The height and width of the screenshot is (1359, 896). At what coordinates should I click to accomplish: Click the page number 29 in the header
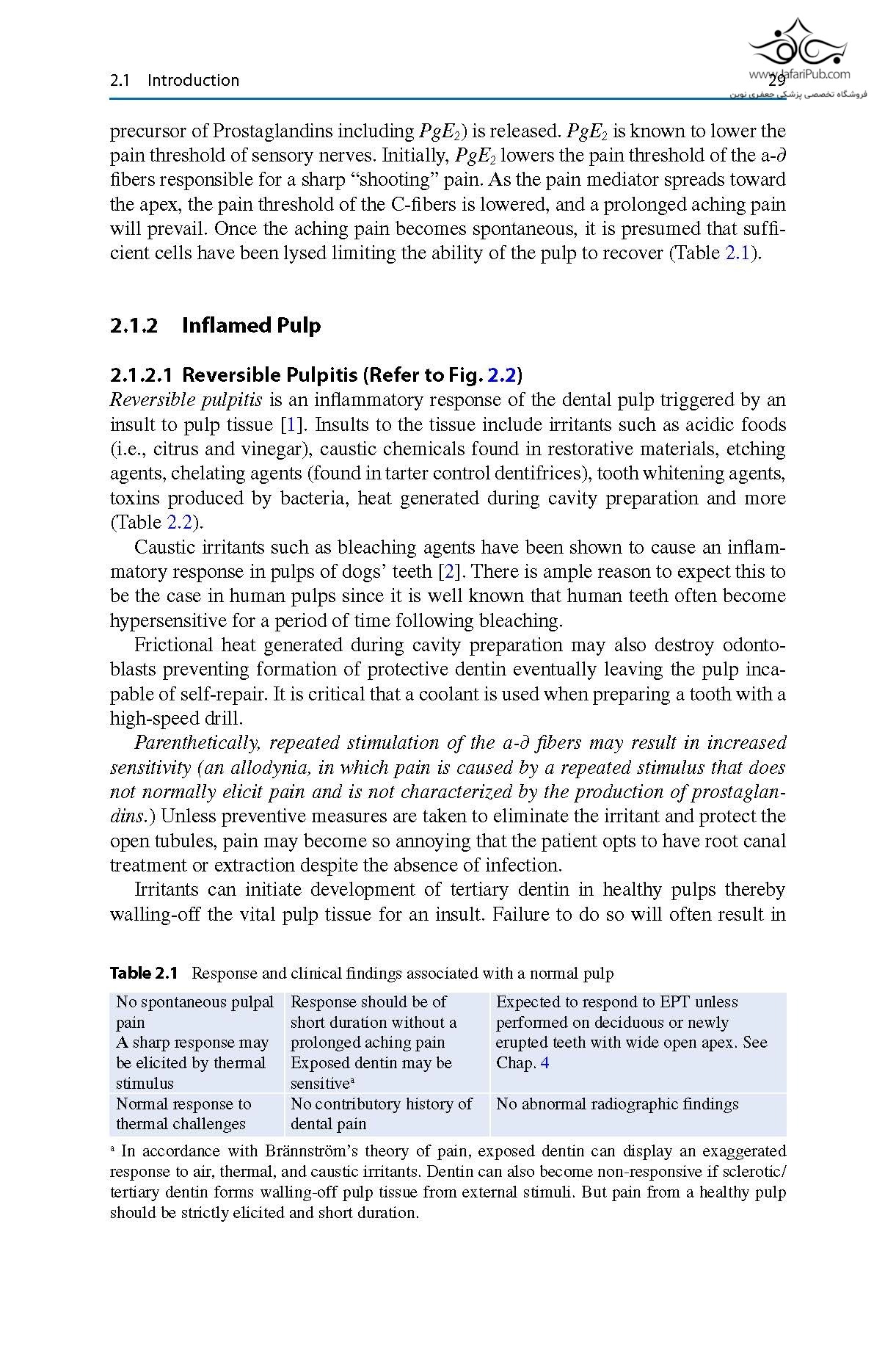pos(776,81)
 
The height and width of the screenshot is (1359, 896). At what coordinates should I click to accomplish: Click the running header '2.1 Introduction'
pos(174,81)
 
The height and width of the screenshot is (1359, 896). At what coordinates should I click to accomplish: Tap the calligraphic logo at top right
pos(798,43)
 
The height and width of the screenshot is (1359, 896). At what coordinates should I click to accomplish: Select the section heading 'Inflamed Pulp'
pos(251,325)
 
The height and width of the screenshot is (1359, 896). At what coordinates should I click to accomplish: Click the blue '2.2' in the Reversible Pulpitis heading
pos(502,375)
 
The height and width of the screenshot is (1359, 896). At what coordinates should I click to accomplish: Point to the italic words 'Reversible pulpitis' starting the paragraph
pos(186,400)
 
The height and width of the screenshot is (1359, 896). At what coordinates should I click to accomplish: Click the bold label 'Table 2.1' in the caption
pos(144,974)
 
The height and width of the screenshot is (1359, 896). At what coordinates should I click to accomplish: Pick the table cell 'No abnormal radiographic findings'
pos(617,1104)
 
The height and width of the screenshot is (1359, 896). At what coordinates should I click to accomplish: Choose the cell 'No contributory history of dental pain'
pos(381,1114)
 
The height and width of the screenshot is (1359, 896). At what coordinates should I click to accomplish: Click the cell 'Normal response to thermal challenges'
pos(183,1114)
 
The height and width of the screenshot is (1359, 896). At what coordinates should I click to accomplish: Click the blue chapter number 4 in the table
pos(544,1063)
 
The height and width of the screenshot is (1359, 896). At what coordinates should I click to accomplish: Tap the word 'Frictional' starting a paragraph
pos(172,645)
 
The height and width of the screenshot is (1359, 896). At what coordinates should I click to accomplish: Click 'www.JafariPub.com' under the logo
pos(800,74)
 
